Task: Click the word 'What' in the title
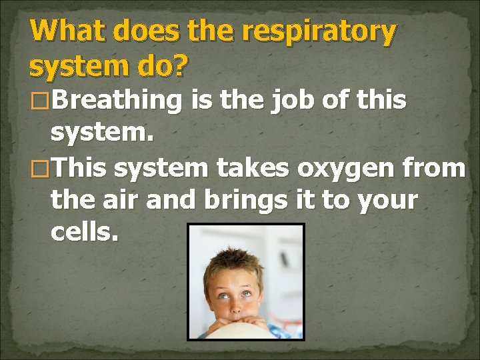point(63,31)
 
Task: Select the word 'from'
point(436,168)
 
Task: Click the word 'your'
point(387,200)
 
